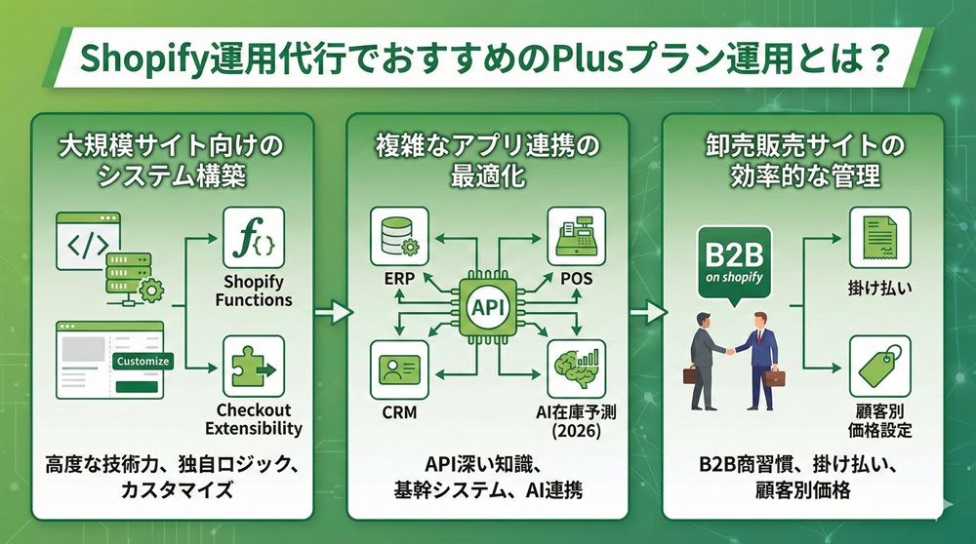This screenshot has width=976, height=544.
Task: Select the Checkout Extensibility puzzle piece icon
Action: pos(254,366)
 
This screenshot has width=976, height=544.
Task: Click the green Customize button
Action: pos(142,361)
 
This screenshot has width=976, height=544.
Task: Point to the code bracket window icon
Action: pos(88,239)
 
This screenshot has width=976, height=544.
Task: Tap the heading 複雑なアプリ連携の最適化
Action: pos(488,161)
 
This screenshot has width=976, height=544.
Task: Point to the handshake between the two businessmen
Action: pos(734,346)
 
